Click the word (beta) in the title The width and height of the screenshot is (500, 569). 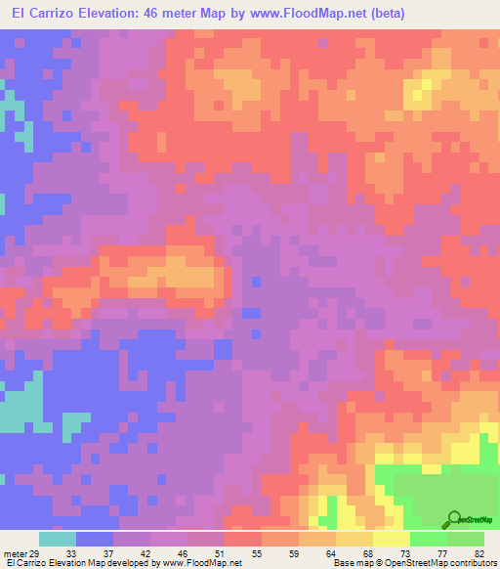coord(383,13)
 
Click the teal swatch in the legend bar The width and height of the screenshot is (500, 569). coord(58,539)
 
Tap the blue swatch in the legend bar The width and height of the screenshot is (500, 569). coord(95,539)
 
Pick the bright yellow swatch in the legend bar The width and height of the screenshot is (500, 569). coord(391,539)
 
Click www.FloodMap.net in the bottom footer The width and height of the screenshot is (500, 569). coord(203,563)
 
